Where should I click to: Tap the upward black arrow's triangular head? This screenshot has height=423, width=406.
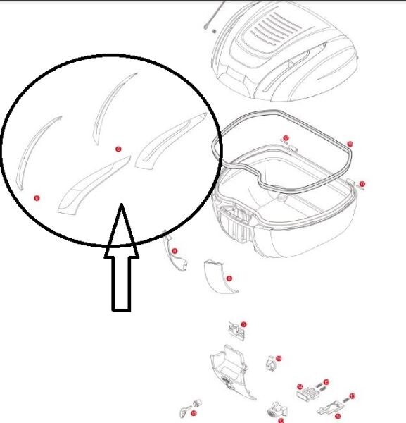click(121, 230)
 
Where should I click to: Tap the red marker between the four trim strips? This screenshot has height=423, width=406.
click(118, 149)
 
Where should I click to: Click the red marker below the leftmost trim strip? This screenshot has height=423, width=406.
click(37, 199)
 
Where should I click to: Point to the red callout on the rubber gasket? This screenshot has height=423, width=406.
click(350, 144)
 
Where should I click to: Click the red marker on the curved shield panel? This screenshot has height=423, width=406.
click(229, 278)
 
